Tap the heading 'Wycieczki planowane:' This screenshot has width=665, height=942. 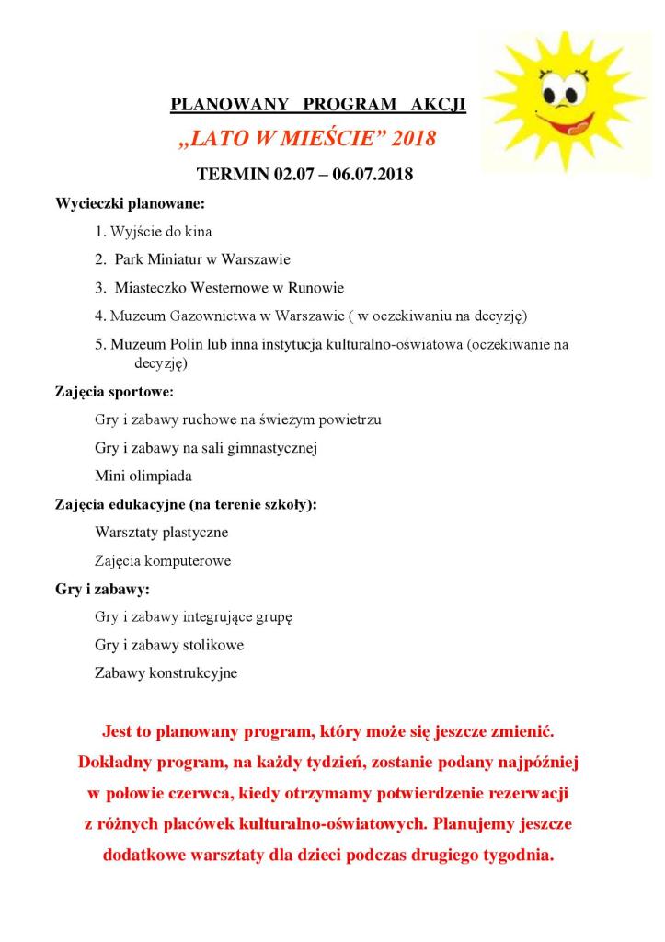[x=130, y=202]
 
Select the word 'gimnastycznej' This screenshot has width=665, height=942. [x=276, y=448]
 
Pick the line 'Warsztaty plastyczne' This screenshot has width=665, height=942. [x=162, y=532]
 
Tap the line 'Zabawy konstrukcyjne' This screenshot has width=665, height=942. [x=166, y=672]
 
